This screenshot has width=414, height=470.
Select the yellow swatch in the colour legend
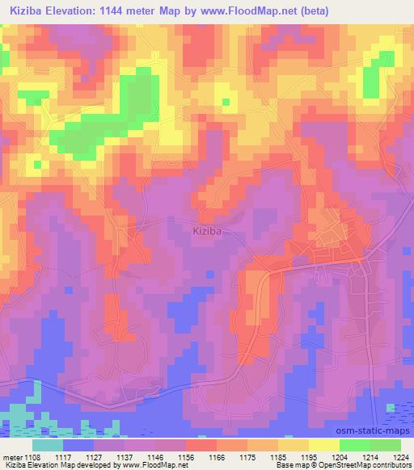point(324,444)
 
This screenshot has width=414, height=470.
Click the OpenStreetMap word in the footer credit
point(381,465)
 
